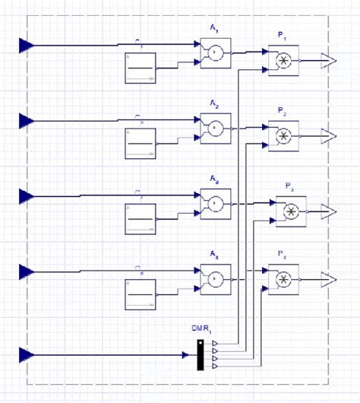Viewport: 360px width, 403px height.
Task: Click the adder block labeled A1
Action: click(215, 52)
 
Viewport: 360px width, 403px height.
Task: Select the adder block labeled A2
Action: click(215, 129)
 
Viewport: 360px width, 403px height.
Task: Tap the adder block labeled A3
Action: click(215, 204)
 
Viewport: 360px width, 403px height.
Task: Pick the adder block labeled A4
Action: click(215, 279)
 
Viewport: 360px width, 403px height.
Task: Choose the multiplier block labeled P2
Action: click(283, 136)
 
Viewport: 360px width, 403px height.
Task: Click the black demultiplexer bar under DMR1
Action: click(201, 355)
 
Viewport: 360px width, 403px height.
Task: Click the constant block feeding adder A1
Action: click(140, 68)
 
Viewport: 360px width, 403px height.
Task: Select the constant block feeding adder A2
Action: click(140, 144)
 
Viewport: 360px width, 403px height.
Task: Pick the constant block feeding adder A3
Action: click(140, 220)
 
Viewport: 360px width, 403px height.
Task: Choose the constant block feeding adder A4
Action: click(140, 295)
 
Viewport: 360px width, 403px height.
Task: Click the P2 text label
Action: click(282, 112)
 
